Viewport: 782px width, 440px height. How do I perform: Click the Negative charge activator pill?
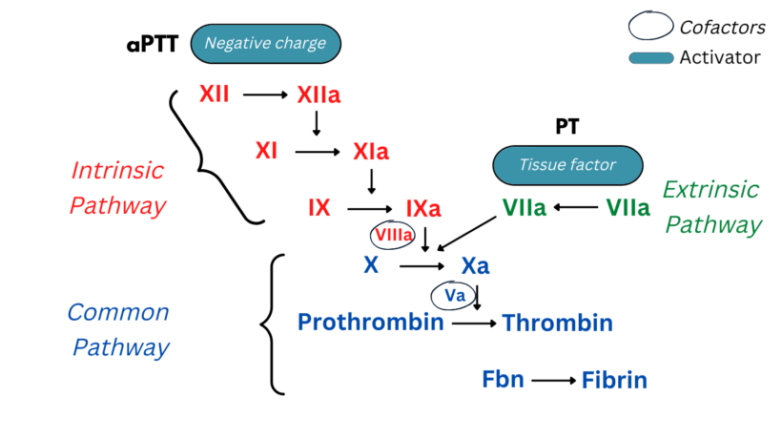pyautogui.click(x=266, y=42)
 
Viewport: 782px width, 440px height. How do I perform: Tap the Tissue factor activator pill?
pyautogui.click(x=566, y=165)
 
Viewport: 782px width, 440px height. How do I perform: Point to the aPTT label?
pyautogui.click(x=152, y=44)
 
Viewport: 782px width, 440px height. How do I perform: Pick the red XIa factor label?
pyautogui.click(x=371, y=152)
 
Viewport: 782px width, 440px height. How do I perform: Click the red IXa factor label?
pyautogui.click(x=422, y=208)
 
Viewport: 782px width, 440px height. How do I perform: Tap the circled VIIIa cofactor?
pyautogui.click(x=393, y=235)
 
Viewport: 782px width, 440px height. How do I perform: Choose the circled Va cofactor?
pyautogui.click(x=455, y=296)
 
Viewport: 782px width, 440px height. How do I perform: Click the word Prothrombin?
pyautogui.click(x=371, y=322)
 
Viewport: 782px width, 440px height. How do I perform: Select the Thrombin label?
pyautogui.click(x=557, y=324)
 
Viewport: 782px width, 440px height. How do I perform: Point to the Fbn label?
pyautogui.click(x=503, y=379)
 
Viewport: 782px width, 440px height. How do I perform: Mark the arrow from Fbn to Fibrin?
pyautogui.click(x=554, y=381)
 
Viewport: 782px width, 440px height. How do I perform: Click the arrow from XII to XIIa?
pyautogui.click(x=265, y=94)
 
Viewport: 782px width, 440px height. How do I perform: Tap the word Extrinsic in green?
pyautogui.click(x=710, y=189)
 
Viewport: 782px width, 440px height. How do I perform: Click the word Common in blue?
pyautogui.click(x=118, y=312)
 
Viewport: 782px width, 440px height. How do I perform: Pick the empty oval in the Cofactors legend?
pyautogui.click(x=650, y=26)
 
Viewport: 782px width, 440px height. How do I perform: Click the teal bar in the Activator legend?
pyautogui.click(x=650, y=58)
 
